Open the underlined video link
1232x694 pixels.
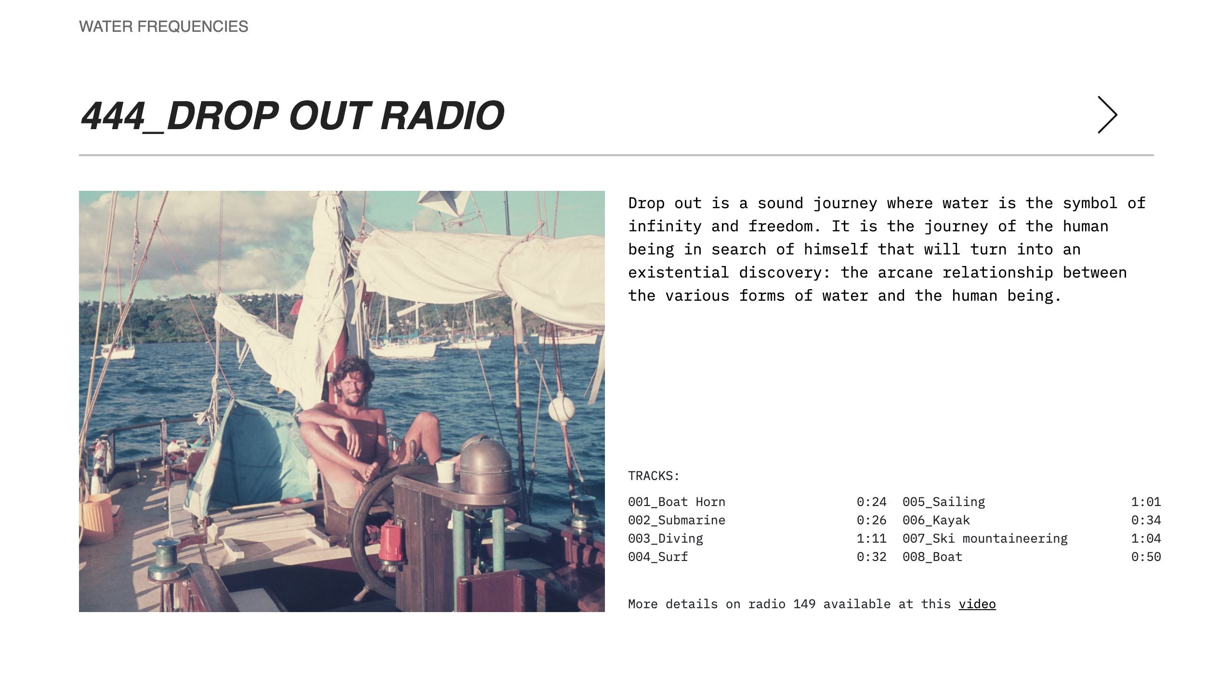click(977, 604)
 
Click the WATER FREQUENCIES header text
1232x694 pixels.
click(164, 27)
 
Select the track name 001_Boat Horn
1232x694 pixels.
click(677, 502)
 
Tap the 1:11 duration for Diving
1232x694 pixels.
click(871, 538)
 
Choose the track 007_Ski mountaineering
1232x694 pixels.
click(985, 538)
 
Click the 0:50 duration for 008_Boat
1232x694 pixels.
click(1146, 557)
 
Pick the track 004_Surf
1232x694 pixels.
click(658, 557)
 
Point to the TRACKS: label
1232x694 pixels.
click(654, 476)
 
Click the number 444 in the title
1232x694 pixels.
click(113, 116)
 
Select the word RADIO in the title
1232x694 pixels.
click(442, 116)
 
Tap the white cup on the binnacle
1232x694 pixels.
click(445, 471)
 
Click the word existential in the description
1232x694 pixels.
click(678, 273)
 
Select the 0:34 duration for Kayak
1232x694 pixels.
click(1146, 520)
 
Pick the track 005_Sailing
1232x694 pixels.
click(944, 502)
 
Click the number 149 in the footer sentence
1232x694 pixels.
click(804, 604)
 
